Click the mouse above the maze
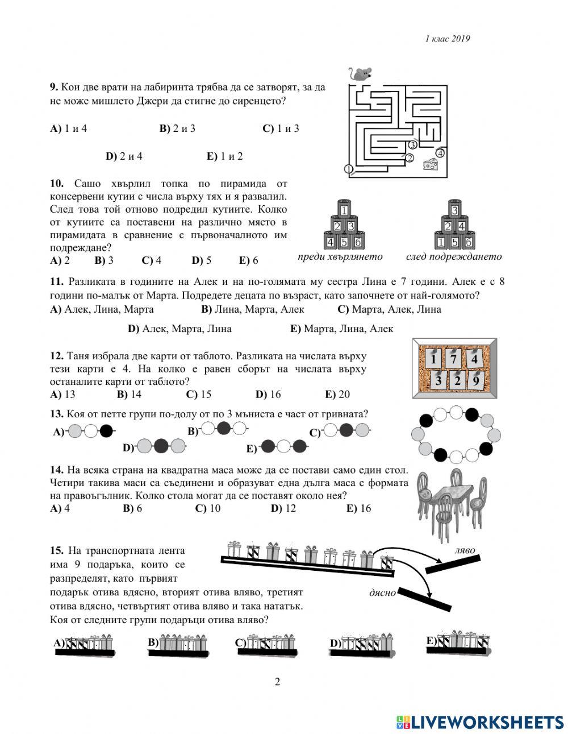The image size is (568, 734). tap(360, 73)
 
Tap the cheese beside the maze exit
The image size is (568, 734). tap(432, 164)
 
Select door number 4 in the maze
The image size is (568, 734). tap(440, 152)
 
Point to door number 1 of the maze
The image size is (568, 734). tap(349, 169)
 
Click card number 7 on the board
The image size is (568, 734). tap(453, 359)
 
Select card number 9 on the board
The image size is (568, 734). tap(475, 380)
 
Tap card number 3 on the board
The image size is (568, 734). tap(438, 380)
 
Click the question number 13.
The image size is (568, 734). tap(56, 414)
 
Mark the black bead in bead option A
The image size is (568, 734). tap(106, 431)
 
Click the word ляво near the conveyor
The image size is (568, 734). tap(465, 550)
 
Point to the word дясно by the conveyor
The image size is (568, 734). tap(382, 592)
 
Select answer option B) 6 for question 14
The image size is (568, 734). tap(132, 508)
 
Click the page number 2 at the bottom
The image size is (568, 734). tap(277, 682)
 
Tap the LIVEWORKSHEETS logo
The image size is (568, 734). tap(479, 721)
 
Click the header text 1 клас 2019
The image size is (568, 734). tap(448, 39)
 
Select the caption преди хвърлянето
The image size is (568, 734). tap(340, 256)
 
